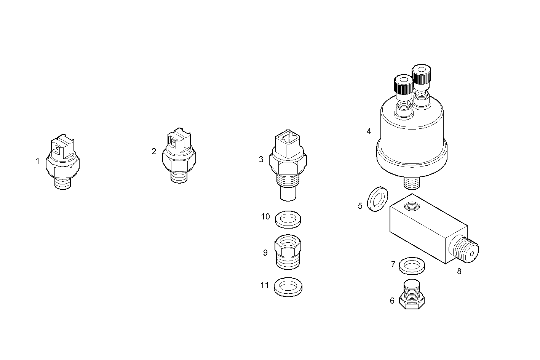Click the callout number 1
click(x=38, y=161)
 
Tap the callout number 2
click(x=154, y=152)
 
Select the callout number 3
click(x=261, y=160)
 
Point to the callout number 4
click(x=369, y=131)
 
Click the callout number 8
click(x=459, y=271)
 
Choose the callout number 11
click(x=265, y=285)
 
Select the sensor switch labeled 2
click(x=179, y=156)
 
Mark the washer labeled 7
click(x=412, y=265)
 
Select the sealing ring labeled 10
click(x=288, y=219)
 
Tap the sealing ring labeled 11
click(x=288, y=286)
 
